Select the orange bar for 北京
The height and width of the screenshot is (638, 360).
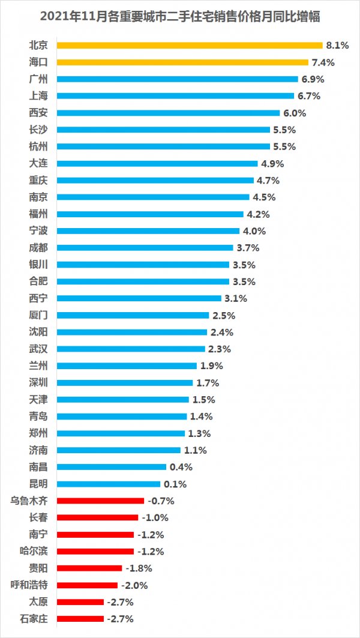click(x=190, y=45)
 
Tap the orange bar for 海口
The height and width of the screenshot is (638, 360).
click(x=182, y=62)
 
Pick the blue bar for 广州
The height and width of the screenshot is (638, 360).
click(x=178, y=79)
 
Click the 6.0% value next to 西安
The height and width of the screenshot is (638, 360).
click(x=295, y=113)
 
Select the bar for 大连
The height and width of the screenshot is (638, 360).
click(x=157, y=163)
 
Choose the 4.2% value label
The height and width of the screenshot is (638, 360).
click(x=257, y=214)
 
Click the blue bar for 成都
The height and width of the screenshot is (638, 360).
click(x=145, y=248)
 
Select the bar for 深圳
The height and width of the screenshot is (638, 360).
click(x=125, y=383)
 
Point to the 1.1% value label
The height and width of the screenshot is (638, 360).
click(x=194, y=450)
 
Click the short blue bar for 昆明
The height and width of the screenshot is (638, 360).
click(x=109, y=484)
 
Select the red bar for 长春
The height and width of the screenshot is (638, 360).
click(x=98, y=517)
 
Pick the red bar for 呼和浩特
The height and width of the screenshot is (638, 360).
click(x=88, y=585)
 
